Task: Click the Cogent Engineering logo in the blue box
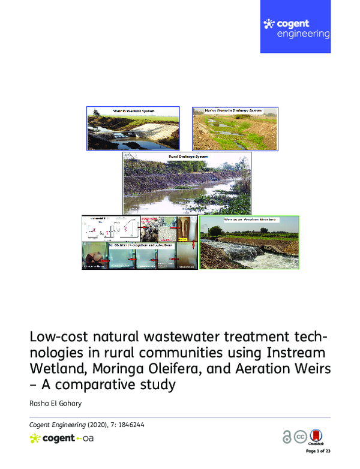tap(296, 28)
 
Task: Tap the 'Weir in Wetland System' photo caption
tap(133, 111)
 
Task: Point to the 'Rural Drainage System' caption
tap(187, 156)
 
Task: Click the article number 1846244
tap(130, 425)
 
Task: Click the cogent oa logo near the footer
tap(61, 438)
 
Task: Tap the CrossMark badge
tap(318, 437)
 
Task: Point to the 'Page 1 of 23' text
tap(318, 450)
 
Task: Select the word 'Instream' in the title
tap(295, 350)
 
